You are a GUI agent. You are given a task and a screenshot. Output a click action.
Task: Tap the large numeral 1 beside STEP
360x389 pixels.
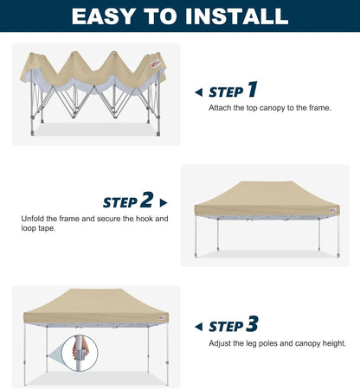(x=252, y=90)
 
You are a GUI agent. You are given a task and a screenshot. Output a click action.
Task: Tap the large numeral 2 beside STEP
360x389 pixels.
(x=146, y=201)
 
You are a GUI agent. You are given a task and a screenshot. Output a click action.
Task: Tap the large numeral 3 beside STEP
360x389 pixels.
(x=252, y=324)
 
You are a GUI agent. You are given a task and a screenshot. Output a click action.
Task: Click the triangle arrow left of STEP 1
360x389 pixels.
(x=198, y=92)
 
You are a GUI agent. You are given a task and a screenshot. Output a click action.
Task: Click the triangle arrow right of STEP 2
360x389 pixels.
(x=164, y=202)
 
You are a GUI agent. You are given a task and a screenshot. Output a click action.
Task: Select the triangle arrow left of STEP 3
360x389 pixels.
(x=198, y=327)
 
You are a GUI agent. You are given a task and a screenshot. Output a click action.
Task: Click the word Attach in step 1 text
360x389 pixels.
(x=220, y=108)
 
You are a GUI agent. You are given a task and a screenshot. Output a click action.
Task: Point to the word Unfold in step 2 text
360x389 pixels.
(x=33, y=219)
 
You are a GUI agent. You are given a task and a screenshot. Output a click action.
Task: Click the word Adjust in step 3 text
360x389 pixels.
(x=220, y=343)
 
